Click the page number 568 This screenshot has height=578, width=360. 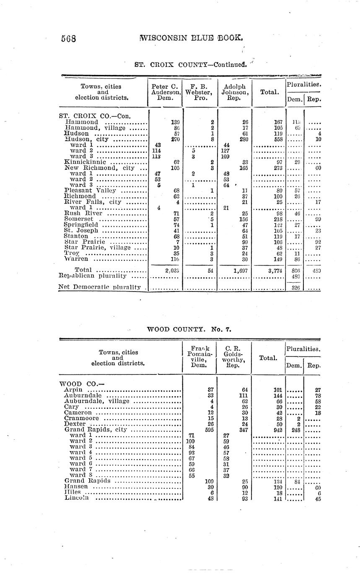68,39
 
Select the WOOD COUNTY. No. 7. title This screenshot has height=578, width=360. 189,329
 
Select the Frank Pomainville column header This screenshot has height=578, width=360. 199,357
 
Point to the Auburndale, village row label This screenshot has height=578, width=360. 97,401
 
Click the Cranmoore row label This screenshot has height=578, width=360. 82,418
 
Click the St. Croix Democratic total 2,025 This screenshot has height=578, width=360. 172,271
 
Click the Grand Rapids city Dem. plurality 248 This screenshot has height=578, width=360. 295,430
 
